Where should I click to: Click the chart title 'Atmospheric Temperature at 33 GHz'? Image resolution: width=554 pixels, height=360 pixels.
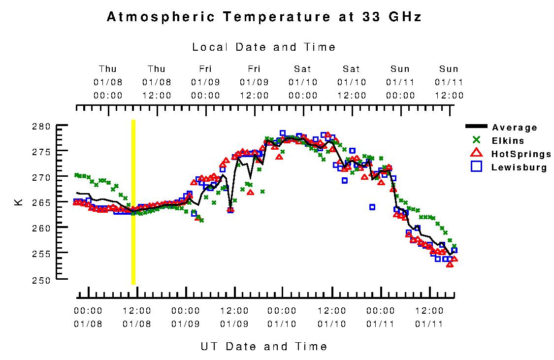click(x=264, y=17)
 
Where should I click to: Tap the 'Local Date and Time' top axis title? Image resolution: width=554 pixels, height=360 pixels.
click(x=264, y=47)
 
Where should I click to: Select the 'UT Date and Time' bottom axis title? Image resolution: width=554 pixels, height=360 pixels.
click(x=264, y=346)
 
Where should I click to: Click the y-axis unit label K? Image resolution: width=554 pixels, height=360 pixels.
click(x=19, y=202)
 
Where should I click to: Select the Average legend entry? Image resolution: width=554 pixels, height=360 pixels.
click(x=514, y=128)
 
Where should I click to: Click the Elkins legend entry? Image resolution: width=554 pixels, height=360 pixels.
click(x=508, y=141)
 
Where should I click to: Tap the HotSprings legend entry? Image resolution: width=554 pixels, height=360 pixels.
click(x=521, y=154)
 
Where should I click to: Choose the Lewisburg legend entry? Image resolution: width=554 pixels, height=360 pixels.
click(x=519, y=167)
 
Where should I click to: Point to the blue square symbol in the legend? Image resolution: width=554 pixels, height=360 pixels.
click(x=476, y=167)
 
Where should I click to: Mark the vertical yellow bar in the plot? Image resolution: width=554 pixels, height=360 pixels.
click(x=133, y=202)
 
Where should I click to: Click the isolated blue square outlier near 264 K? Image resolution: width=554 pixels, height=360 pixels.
click(x=372, y=207)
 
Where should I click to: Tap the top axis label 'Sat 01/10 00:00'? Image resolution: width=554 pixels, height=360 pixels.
click(x=303, y=82)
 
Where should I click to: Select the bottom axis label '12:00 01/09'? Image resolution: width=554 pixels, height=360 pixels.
click(x=234, y=317)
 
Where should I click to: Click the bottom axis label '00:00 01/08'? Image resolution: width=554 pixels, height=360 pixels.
click(x=88, y=317)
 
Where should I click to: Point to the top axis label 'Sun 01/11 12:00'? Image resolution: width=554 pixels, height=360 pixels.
click(x=449, y=82)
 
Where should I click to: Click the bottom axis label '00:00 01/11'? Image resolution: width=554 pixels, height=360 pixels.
click(x=381, y=317)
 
